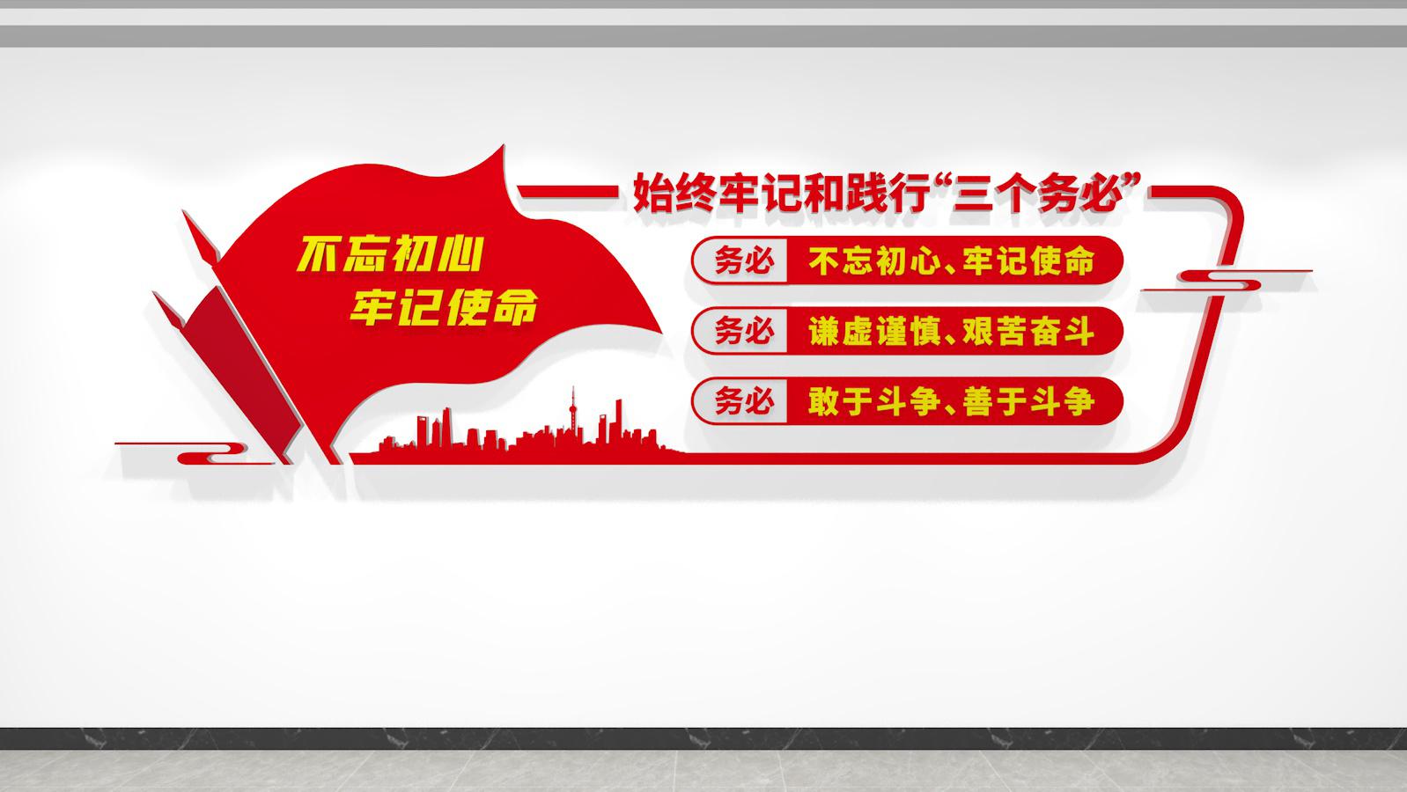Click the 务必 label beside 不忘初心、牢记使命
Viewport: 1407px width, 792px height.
(x=743, y=260)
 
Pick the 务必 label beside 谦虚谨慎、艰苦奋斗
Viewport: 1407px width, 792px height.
(x=743, y=331)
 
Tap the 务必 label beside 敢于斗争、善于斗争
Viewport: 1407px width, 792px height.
(x=743, y=401)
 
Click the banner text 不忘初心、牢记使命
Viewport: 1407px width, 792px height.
(x=951, y=260)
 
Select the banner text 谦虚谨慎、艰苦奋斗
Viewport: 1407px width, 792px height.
(x=951, y=331)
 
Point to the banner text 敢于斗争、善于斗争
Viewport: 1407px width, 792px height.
(x=951, y=401)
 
